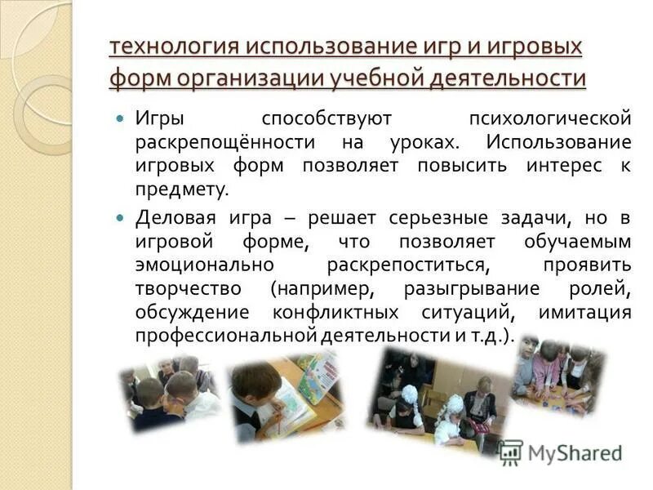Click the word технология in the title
click(x=168, y=47)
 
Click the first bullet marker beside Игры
click(x=120, y=119)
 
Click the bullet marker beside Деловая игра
click(x=120, y=218)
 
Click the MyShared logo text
click(x=574, y=452)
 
